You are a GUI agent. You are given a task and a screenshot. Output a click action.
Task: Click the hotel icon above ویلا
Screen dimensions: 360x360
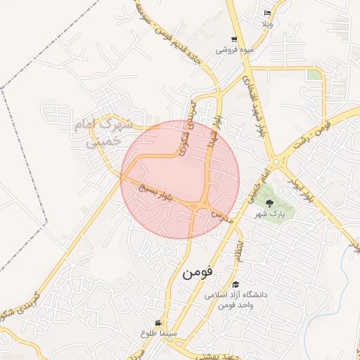click(266, 13)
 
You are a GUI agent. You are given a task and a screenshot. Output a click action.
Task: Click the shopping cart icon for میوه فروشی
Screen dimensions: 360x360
click(234, 40)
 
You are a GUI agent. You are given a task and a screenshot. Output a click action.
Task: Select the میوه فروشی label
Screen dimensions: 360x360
click(234, 51)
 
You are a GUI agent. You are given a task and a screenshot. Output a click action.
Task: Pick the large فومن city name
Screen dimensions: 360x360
click(197, 272)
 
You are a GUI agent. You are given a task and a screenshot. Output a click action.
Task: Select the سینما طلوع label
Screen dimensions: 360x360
click(153, 333)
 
